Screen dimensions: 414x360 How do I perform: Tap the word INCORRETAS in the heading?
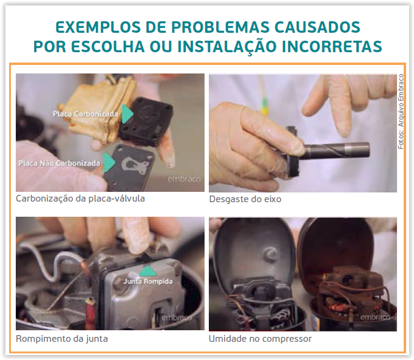coord(332,47)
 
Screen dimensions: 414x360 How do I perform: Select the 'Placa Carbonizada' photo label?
coord(85,114)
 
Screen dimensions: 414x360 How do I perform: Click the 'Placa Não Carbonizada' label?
coord(59,163)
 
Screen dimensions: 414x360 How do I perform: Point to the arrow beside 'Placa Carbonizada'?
coord(127,114)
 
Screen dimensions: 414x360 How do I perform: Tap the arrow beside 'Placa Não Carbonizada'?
coord(109,163)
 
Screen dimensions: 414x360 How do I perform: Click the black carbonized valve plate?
coord(146,122)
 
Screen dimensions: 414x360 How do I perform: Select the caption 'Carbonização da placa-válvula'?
coord(80,199)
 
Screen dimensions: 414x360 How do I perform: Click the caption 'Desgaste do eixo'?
coord(245,199)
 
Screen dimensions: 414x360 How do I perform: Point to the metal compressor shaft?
coord(335,151)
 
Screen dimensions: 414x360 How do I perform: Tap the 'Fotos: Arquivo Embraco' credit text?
coord(401,112)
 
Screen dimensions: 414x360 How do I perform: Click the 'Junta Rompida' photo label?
coord(148,282)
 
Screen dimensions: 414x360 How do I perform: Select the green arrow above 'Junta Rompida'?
coord(147,271)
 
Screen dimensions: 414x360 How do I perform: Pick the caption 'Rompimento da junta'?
coord(62,339)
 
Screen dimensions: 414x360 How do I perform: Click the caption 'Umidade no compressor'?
coord(260,339)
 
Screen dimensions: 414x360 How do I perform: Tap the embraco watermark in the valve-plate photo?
coord(184,179)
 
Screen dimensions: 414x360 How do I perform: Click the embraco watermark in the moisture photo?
coord(375,316)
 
